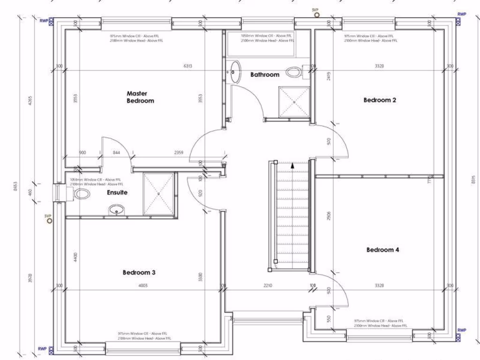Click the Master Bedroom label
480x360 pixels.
[140, 97]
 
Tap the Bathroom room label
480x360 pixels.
[264, 75]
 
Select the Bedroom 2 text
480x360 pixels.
[380, 100]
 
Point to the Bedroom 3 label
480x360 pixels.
[139, 272]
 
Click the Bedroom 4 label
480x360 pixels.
[382, 250]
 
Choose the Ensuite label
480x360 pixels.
[117, 192]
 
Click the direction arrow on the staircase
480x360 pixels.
[292, 165]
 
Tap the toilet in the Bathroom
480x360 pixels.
[294, 72]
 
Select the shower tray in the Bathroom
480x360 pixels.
[294, 101]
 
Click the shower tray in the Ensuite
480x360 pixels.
[158, 193]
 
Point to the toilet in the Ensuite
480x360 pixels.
[82, 194]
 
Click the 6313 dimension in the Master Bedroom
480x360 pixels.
[187, 66]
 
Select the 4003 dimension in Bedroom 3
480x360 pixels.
[142, 285]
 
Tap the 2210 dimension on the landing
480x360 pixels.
[268, 285]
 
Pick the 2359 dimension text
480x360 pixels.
[179, 152]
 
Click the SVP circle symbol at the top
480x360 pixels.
[317, 15]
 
